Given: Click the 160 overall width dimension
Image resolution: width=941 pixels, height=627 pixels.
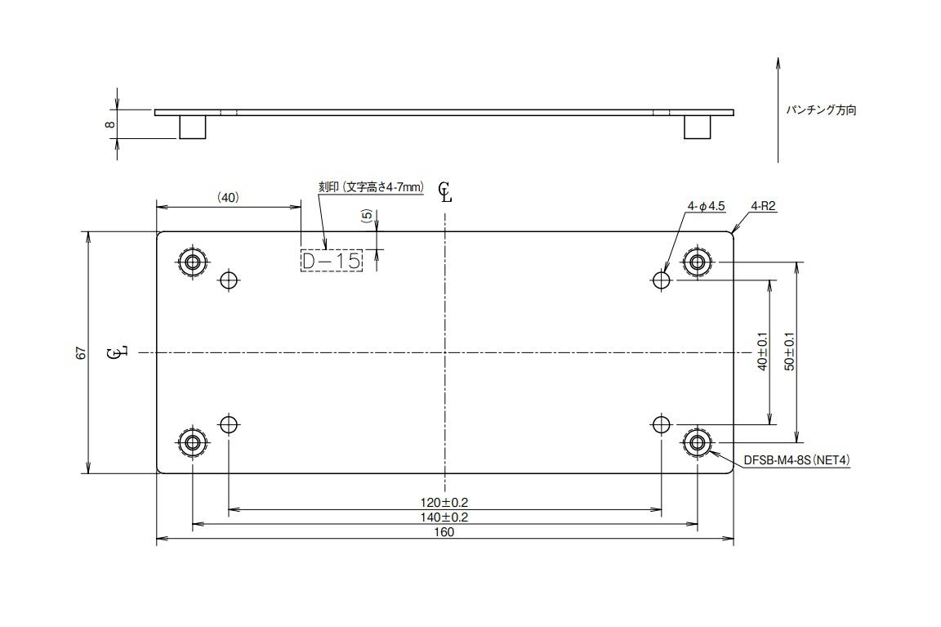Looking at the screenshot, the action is pyautogui.click(x=444, y=532).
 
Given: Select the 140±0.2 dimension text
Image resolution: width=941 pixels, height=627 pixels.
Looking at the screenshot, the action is pyautogui.click(x=444, y=517).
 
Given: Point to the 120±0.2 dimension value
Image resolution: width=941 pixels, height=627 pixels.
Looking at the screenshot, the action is pyautogui.click(x=444, y=502).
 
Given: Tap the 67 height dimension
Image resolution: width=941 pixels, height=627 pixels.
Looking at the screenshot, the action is pyautogui.click(x=80, y=352).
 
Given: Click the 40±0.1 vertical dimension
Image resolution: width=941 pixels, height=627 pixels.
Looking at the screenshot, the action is pyautogui.click(x=762, y=352).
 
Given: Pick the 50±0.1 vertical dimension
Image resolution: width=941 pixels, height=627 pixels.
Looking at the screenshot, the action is pyautogui.click(x=789, y=352).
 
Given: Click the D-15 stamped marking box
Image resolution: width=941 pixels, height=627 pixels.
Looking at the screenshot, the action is pyautogui.click(x=331, y=261).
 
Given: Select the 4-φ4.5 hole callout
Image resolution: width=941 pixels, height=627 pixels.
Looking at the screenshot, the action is pyautogui.click(x=707, y=207).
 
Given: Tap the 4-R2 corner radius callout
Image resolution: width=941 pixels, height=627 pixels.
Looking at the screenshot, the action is pyautogui.click(x=763, y=207).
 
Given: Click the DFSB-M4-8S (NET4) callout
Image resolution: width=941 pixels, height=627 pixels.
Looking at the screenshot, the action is pyautogui.click(x=796, y=460).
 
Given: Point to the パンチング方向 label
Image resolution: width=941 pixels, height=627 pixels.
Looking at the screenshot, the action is pyautogui.click(x=821, y=110).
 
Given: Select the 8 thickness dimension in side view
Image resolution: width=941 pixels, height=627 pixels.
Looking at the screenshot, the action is pyautogui.click(x=109, y=125).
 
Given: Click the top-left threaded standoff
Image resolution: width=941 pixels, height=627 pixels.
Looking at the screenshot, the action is pyautogui.click(x=193, y=262).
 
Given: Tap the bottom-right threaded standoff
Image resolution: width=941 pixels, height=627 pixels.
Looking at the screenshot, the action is pyautogui.click(x=697, y=443).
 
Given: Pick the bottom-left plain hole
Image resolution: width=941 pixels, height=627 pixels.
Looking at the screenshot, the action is pyautogui.click(x=229, y=424).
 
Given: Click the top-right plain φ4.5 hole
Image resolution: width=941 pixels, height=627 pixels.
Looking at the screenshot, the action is pyautogui.click(x=662, y=280).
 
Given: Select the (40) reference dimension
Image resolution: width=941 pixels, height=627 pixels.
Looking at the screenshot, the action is pyautogui.click(x=228, y=197).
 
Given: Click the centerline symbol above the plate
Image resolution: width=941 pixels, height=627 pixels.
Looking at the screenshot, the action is pyautogui.click(x=444, y=192).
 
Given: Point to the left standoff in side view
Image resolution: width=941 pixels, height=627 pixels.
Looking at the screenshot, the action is pyautogui.click(x=192, y=127).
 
